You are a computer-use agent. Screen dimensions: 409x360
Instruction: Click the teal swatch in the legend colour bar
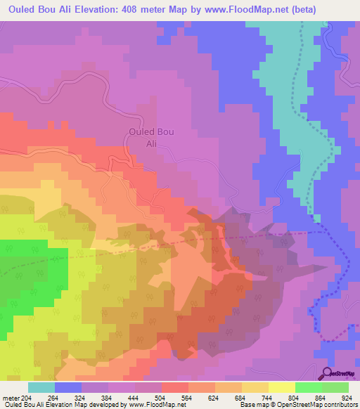pos(41,387)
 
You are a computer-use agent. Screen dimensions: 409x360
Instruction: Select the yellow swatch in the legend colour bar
pos(281,387)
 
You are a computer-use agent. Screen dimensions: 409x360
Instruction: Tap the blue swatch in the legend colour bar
pos(68,387)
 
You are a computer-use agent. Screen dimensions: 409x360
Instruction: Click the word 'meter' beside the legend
pos(12,397)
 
